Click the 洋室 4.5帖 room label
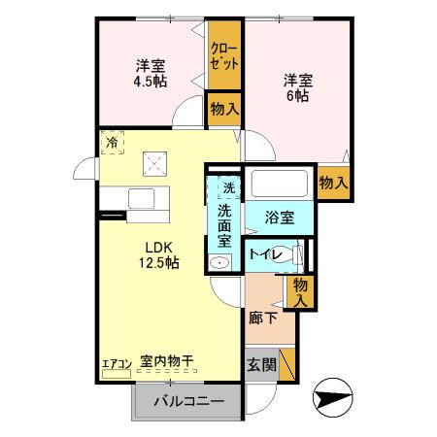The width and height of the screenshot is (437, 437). (150, 74)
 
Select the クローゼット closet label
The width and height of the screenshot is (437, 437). (223, 54)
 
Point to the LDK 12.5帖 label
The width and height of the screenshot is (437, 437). (154, 254)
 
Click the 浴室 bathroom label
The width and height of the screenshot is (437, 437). (280, 218)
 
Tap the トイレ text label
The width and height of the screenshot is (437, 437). (265, 254)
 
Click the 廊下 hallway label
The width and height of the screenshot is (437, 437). (260, 318)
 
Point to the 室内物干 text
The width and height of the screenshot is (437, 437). (167, 361)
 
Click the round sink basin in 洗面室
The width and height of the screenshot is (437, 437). (219, 261)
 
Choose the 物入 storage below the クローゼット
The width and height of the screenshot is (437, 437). (224, 109)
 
